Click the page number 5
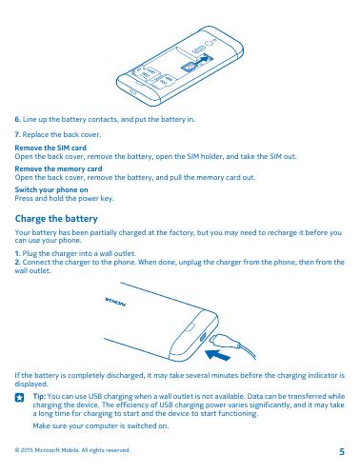click(x=342, y=451)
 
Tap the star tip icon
click(x=19, y=398)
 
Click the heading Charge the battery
click(x=56, y=219)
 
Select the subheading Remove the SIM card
click(x=50, y=148)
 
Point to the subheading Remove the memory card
click(x=58, y=168)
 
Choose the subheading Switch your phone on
click(x=51, y=189)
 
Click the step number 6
click(x=18, y=120)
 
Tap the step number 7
click(x=17, y=134)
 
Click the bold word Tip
click(x=39, y=396)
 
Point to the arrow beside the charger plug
click(x=218, y=355)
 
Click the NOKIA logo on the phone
click(x=116, y=302)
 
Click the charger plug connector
click(x=224, y=341)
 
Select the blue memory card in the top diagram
click(x=189, y=67)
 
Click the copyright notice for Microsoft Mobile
click(x=72, y=450)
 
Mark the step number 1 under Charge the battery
click(x=17, y=253)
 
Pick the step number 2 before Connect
click(x=18, y=262)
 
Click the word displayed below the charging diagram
click(x=31, y=385)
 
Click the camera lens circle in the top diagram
click(x=209, y=44)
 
